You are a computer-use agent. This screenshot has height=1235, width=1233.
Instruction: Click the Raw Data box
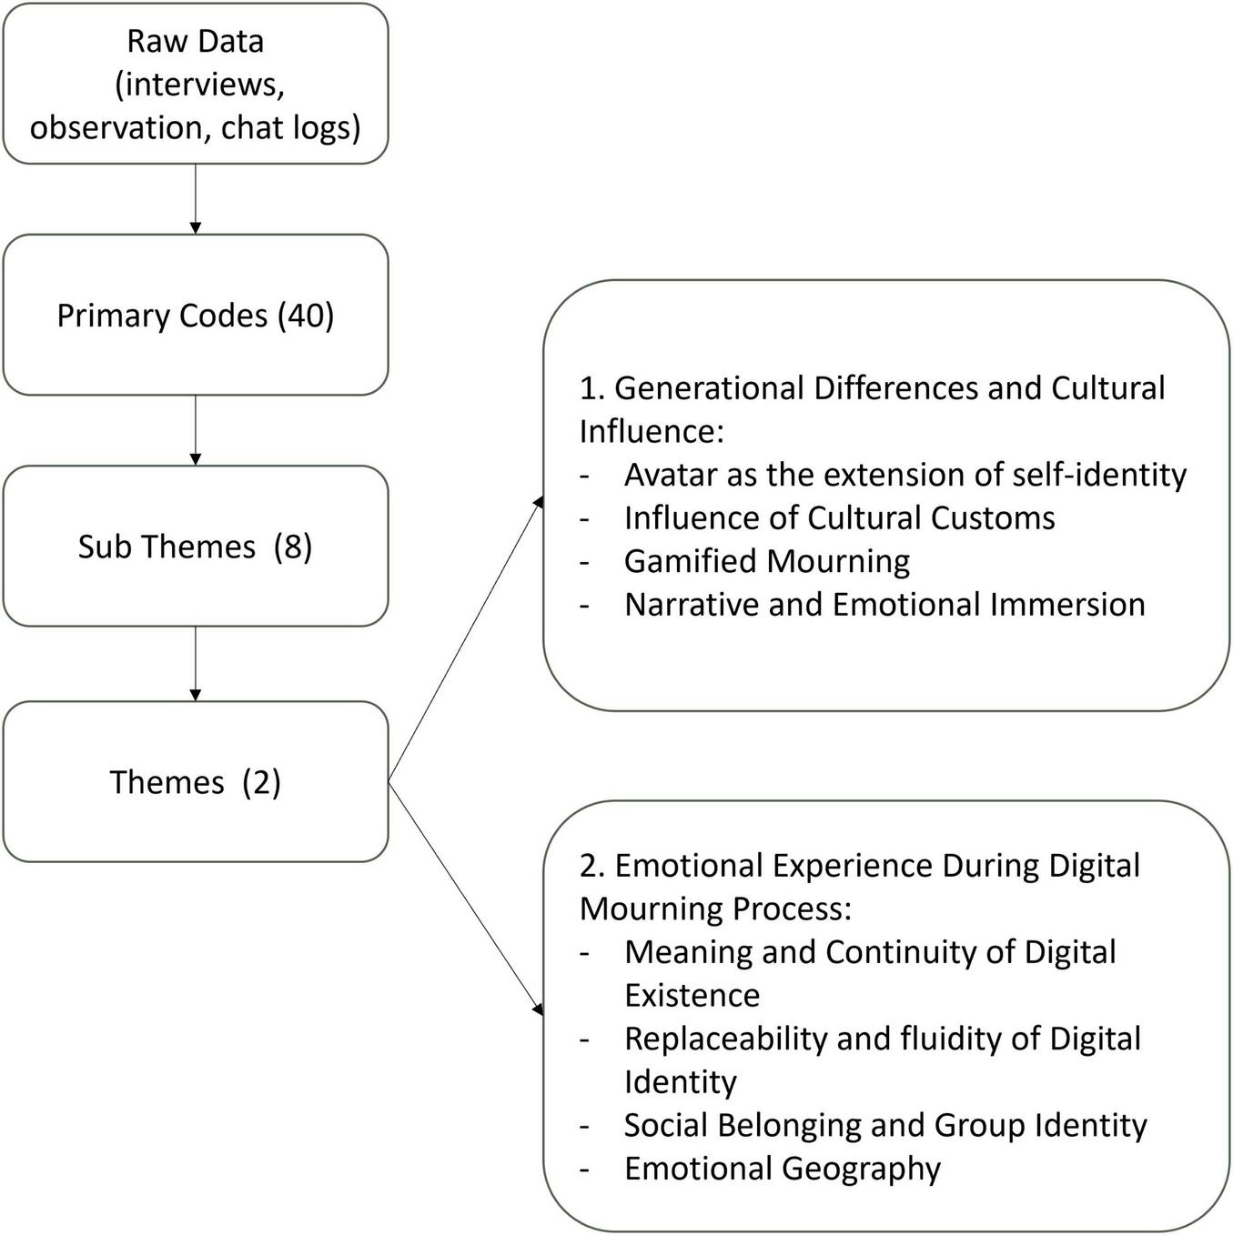(195, 84)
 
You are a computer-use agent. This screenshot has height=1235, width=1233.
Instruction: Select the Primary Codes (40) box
(195, 315)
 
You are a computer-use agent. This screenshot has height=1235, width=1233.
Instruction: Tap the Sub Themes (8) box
(195, 546)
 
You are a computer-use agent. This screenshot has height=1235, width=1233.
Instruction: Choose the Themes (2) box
(195, 781)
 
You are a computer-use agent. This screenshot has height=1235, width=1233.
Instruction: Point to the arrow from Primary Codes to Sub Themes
(195, 429)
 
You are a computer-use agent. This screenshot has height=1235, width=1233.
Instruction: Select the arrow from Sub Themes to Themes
(195, 663)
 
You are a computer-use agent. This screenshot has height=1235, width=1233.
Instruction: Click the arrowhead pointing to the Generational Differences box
(539, 503)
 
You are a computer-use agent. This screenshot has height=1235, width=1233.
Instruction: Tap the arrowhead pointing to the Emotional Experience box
(539, 1009)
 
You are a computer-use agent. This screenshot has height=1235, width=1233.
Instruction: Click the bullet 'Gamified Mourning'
(766, 561)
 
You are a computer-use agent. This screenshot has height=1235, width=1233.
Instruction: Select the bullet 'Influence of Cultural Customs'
(839, 517)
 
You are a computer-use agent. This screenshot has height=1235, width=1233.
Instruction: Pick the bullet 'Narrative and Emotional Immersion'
(884, 605)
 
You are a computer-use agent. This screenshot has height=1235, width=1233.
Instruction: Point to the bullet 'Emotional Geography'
(782, 1169)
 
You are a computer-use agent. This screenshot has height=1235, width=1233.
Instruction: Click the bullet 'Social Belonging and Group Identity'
(884, 1125)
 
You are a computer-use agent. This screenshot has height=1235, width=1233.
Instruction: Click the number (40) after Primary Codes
(306, 316)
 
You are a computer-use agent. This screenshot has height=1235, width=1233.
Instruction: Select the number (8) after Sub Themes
(293, 547)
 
